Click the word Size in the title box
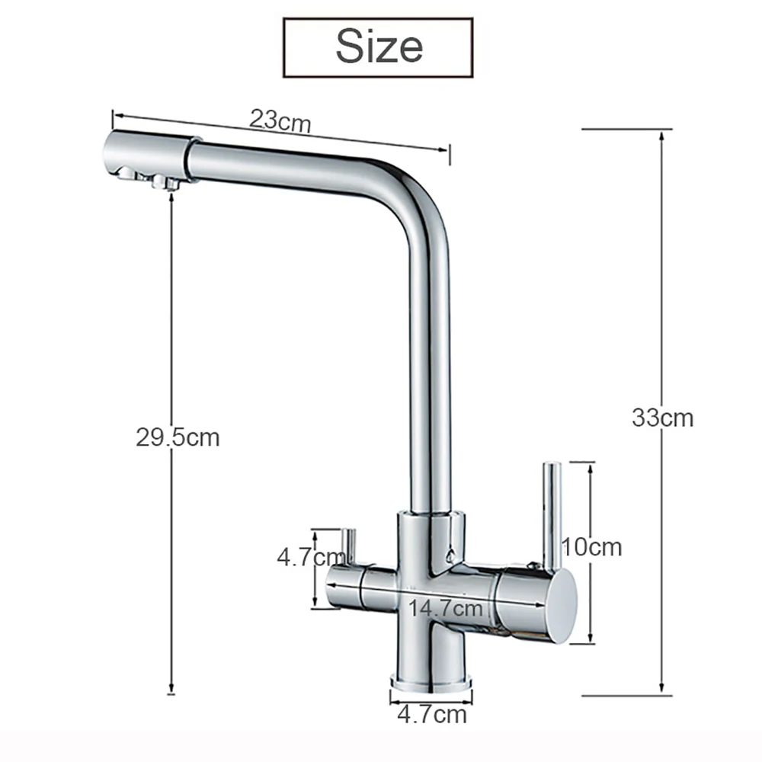(379, 46)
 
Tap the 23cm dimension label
(280, 120)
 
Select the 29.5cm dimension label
(178, 437)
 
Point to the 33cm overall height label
(662, 418)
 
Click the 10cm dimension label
(592, 546)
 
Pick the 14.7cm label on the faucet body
(446, 608)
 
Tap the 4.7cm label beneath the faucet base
(432, 715)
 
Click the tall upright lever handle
(550, 511)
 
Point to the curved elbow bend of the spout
(415, 187)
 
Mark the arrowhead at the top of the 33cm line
(661, 135)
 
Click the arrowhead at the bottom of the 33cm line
(661, 689)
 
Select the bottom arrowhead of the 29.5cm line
(171, 687)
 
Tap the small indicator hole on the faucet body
(450, 555)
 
